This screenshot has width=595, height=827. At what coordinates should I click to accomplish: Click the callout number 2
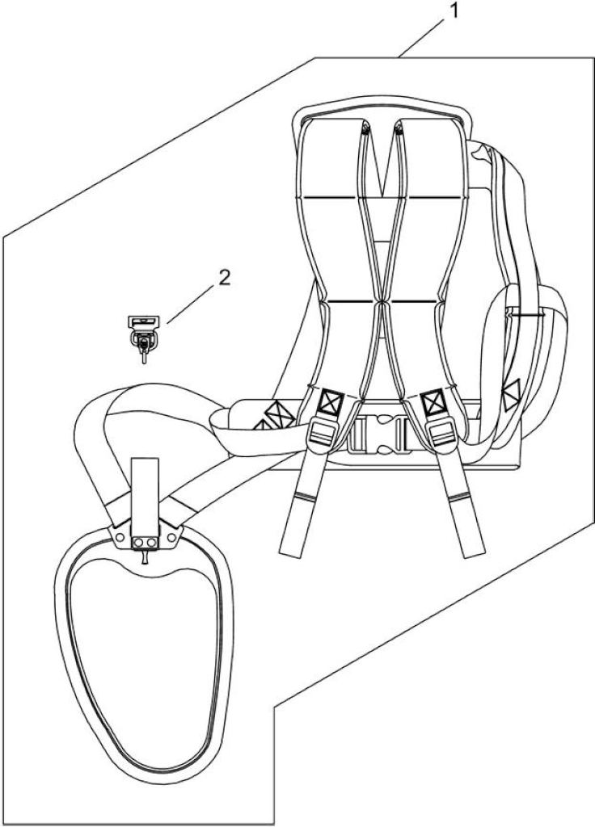point(225,278)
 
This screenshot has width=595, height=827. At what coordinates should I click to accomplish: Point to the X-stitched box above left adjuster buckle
point(331,402)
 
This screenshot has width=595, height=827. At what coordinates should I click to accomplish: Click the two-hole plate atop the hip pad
point(146,542)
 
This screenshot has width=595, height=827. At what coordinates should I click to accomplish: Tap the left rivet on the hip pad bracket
point(120,537)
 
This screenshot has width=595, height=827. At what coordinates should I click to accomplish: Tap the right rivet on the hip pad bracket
point(171,537)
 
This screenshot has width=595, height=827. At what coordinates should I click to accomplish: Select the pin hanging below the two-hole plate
point(144,556)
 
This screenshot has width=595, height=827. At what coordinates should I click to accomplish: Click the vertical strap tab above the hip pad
point(145,497)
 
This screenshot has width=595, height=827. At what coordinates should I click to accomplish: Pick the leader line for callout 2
point(189,304)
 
